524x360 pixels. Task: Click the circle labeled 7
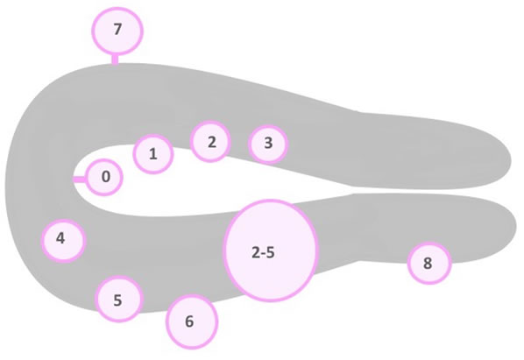tap(117, 31)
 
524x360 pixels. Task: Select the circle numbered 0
tap(104, 177)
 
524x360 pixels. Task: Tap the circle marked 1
tap(153, 154)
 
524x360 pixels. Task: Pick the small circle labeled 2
tap(210, 142)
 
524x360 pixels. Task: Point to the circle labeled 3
tap(268, 144)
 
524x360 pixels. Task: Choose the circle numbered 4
tap(63, 241)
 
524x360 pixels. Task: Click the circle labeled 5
tap(119, 299)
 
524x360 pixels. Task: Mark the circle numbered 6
tap(192, 322)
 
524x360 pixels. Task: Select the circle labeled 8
tap(429, 263)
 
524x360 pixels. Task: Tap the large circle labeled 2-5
tap(271, 251)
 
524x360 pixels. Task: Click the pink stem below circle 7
tap(115, 59)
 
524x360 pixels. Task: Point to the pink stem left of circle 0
tap(80, 180)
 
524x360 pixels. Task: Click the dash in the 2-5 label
tap(263, 253)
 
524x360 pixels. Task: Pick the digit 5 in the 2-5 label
tap(270, 252)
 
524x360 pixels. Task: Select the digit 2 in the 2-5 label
tap(256, 252)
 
